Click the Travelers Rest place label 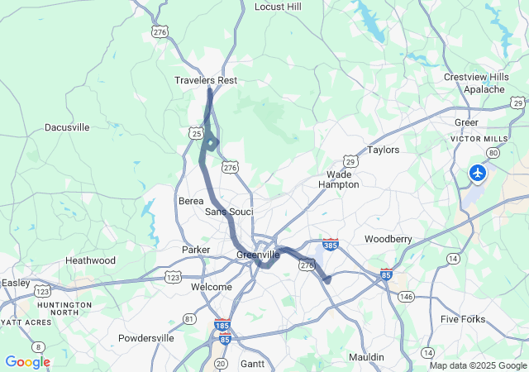[206, 80]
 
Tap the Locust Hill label [278, 7]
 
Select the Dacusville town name [67, 127]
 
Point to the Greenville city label [258, 255]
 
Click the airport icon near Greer [478, 173]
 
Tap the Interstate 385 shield [331, 245]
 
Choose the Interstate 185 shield [221, 326]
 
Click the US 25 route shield [195, 133]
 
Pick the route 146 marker [405, 295]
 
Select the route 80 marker [493, 153]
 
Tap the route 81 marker [190, 318]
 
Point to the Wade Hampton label [339, 179]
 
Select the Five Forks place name [463, 319]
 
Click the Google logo [27, 362]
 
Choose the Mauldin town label [366, 357]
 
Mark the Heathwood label [90, 260]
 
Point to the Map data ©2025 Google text [477, 365]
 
